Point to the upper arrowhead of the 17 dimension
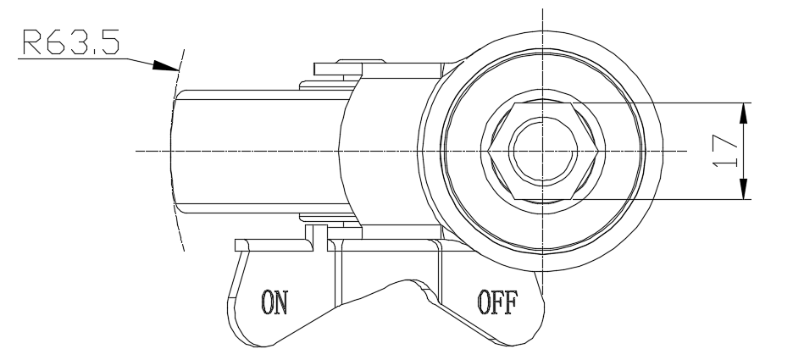[743, 110]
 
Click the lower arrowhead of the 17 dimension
[743, 191]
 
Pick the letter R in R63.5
[32, 43]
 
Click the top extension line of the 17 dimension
[661, 102]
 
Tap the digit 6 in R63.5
[57, 43]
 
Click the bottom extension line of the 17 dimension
[661, 199]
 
